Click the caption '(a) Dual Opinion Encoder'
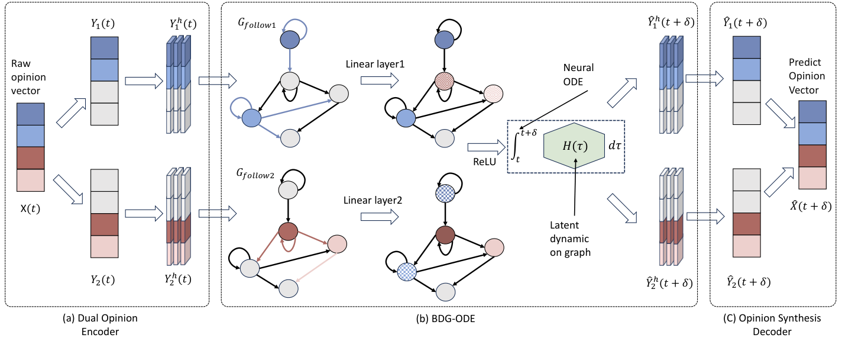coord(100,324)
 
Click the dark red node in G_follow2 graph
coord(289,230)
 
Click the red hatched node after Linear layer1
coord(443,80)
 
